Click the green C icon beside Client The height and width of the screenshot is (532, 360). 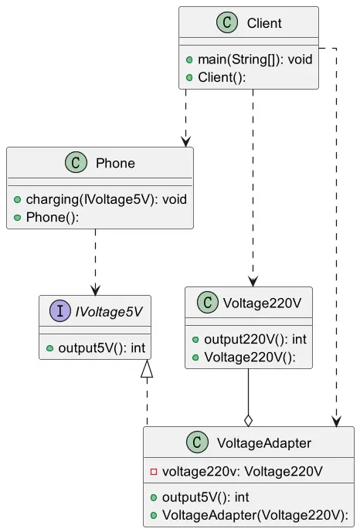(x=227, y=22)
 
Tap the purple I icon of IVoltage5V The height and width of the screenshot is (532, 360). (x=60, y=311)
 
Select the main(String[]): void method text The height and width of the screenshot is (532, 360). (x=255, y=59)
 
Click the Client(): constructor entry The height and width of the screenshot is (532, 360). (x=222, y=77)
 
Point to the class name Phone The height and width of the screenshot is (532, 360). (x=115, y=163)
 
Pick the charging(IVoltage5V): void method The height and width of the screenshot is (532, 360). (x=106, y=199)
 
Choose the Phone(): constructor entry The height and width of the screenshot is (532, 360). (x=53, y=217)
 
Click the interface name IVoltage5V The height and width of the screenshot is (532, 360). (x=109, y=311)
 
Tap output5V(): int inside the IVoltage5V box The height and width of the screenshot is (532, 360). (x=102, y=347)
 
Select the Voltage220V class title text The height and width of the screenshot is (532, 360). (x=262, y=303)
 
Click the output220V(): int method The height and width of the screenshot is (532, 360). (x=255, y=339)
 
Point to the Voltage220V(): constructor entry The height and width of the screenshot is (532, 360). (x=250, y=357)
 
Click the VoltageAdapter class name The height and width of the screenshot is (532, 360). (x=264, y=443)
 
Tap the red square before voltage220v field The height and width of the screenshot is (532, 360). (x=154, y=471)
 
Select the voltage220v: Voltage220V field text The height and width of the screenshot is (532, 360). (x=243, y=471)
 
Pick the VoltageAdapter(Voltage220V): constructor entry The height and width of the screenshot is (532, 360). (x=255, y=515)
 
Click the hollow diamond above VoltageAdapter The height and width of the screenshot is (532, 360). (x=249, y=420)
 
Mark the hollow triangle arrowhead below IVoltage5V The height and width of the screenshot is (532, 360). (x=147, y=368)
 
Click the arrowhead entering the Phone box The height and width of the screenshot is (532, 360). (x=185, y=142)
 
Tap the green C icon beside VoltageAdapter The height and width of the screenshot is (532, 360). (x=197, y=442)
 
